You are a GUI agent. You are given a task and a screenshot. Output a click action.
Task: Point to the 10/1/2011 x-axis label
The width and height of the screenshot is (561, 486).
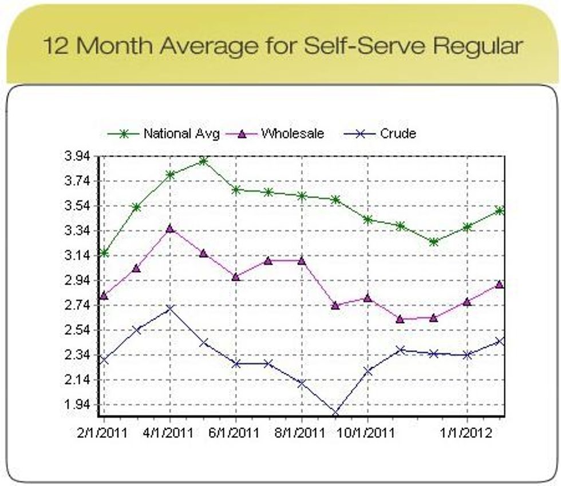click(367, 433)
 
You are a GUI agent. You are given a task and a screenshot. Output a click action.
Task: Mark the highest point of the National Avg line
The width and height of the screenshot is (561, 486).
click(203, 161)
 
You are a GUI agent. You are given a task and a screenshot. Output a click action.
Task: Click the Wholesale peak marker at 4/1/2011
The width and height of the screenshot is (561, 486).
click(170, 229)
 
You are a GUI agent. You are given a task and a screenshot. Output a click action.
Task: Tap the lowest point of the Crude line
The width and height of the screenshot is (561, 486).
click(335, 413)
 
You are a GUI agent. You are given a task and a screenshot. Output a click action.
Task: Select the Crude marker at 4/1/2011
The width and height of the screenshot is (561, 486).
click(170, 309)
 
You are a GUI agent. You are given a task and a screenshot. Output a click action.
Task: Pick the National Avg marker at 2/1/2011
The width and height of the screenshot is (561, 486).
click(104, 253)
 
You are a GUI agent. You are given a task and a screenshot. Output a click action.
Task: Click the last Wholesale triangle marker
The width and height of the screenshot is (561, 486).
click(500, 284)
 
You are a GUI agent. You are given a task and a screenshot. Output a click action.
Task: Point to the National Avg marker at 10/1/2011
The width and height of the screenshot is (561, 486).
click(368, 220)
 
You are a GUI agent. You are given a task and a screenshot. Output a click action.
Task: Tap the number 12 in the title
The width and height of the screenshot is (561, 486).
click(56, 46)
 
